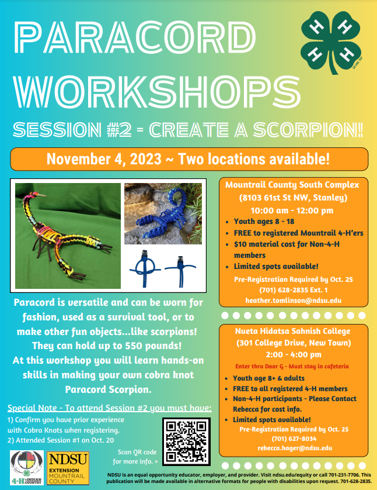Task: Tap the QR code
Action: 187,441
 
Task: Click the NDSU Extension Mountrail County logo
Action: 68,468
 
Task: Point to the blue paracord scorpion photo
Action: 163,214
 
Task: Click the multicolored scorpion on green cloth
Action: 68,236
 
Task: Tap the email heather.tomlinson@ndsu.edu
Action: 294,301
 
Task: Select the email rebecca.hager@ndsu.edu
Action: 295,448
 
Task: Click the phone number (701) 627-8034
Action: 294,439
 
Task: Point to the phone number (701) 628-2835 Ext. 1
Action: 294,290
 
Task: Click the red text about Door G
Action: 292,366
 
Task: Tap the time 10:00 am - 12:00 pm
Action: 292,211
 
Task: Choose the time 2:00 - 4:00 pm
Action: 294,355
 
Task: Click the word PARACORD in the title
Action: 135,37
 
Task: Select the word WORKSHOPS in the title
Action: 157,92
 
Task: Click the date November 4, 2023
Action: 104,158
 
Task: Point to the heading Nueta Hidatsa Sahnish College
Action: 292,332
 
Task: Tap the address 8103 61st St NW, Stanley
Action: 293,198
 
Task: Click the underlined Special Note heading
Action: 110,408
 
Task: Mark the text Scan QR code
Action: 137,452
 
